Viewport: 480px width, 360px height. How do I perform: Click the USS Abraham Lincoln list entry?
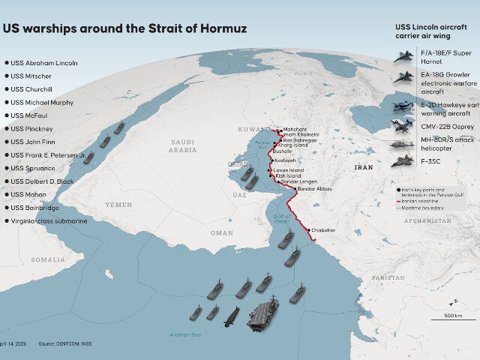click(x=44, y=63)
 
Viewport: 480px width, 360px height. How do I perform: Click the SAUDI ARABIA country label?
click(x=182, y=145)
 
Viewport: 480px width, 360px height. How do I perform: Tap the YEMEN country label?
click(x=118, y=205)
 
